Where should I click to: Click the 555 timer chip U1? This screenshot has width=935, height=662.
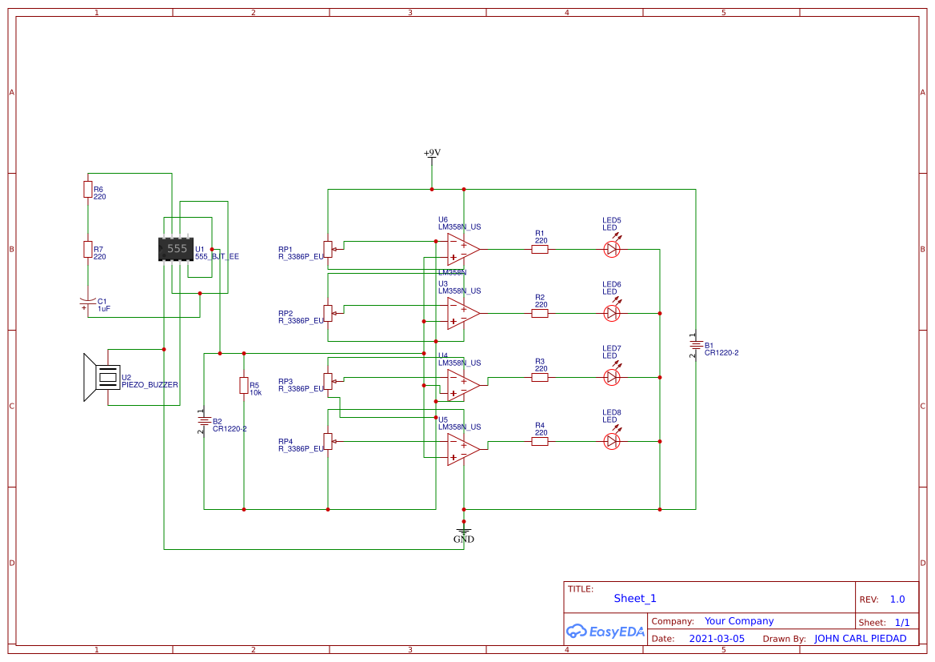point(176,249)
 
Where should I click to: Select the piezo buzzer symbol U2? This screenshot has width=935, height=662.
point(100,377)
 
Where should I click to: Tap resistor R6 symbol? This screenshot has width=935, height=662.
point(88,189)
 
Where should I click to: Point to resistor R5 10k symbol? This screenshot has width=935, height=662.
point(244,386)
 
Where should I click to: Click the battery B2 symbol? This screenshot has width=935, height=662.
point(204,420)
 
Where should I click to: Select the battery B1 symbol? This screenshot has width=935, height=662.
point(695,346)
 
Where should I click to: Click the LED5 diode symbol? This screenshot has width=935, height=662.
point(612,249)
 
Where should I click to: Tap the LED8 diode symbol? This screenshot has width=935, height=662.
point(612,441)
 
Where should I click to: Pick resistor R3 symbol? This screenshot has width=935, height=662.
point(540,377)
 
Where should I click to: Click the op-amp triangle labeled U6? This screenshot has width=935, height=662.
point(462,249)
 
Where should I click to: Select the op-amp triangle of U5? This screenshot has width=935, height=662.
point(462,449)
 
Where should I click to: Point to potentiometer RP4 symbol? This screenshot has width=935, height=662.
point(327,441)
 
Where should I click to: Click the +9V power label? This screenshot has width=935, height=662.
point(432,153)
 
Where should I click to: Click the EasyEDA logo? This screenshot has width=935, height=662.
point(605,631)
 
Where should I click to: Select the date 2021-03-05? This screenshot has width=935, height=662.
point(717,639)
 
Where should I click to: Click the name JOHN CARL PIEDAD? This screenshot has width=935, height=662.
point(860,639)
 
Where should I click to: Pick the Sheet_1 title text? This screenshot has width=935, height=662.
point(635,598)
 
